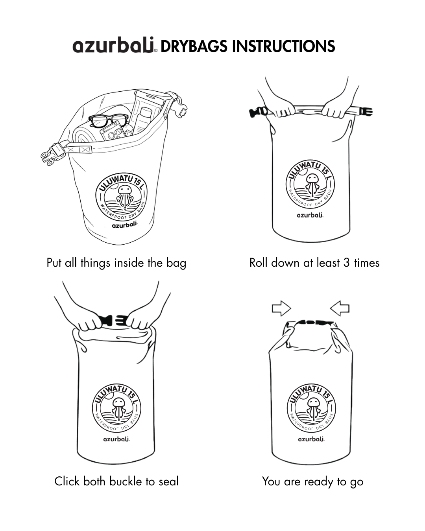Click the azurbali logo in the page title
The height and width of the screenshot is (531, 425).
115,45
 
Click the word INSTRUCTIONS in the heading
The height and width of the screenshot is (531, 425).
283,46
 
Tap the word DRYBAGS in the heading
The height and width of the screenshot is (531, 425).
194,46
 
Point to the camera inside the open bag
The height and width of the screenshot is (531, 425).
113,132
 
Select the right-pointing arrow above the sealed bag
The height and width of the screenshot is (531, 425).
281,308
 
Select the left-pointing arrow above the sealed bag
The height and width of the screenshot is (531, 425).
340,308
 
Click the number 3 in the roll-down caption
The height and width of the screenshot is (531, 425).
346,263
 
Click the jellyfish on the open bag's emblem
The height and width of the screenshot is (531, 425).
125,196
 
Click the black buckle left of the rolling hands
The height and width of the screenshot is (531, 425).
258,112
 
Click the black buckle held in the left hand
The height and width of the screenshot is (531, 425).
106,320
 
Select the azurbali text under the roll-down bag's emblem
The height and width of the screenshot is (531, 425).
310,215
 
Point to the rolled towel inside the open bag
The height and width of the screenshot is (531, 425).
84,135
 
